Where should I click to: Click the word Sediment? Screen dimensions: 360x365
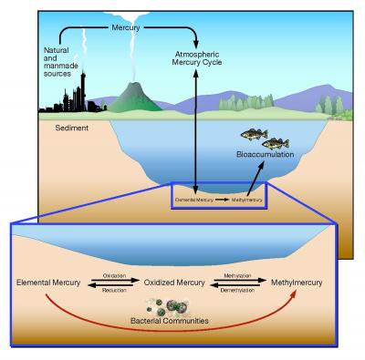pos(61,129)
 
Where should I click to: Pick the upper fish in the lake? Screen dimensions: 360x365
pos(253,134)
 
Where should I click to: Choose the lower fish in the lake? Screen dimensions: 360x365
pos(274,143)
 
